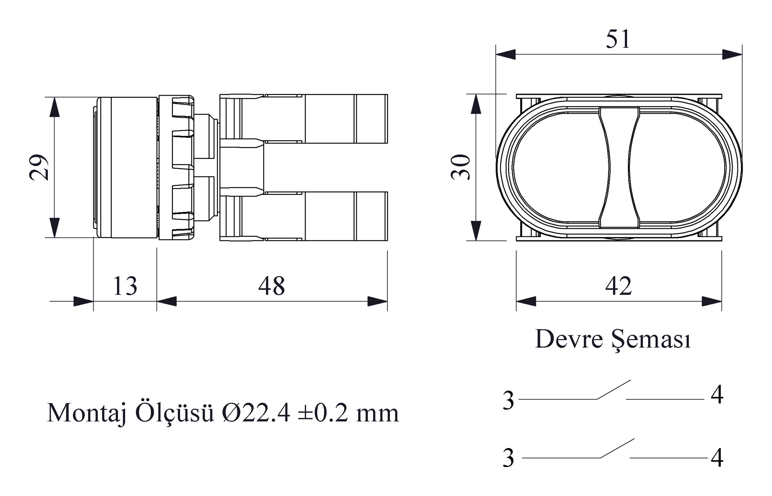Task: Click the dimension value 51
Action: [618, 39]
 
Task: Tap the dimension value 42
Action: [618, 286]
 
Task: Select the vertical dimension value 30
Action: [461, 167]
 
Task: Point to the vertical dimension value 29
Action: [39, 167]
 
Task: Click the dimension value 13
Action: [125, 286]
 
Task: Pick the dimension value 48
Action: [272, 286]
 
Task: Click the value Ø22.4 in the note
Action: [256, 413]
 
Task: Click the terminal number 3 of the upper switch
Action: [508, 400]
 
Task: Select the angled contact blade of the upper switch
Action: [614, 389]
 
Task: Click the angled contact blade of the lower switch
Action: [617, 448]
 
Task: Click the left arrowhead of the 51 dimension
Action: [506, 54]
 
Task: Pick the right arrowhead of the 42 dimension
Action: [712, 301]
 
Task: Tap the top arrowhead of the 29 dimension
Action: [54, 107]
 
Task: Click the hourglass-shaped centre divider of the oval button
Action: [619, 167]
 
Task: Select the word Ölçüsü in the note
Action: [174, 413]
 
